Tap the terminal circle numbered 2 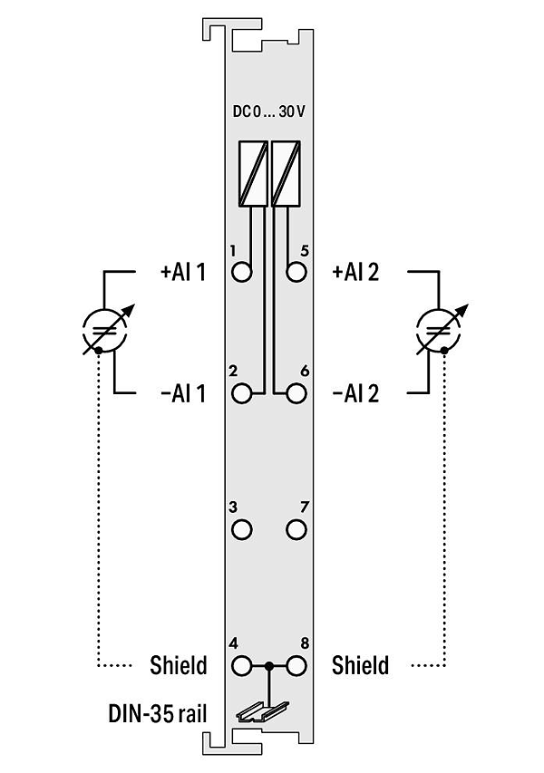pyautogui.click(x=242, y=393)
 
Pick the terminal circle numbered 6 pyautogui.click(x=296, y=393)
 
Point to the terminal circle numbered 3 pyautogui.click(x=242, y=530)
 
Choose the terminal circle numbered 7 pyautogui.click(x=296, y=530)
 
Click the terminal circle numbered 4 pyautogui.click(x=242, y=666)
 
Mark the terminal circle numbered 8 pyautogui.click(x=296, y=666)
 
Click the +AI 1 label pyautogui.click(x=183, y=272)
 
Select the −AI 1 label pyautogui.click(x=183, y=393)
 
